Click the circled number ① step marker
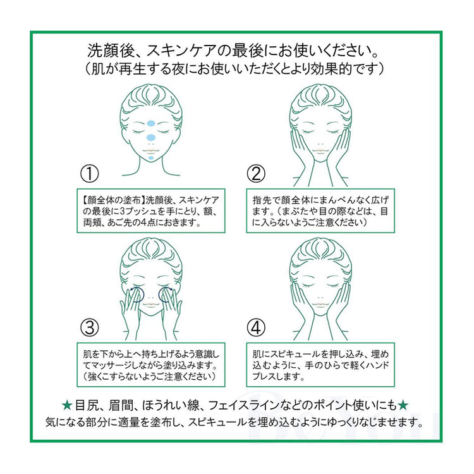pos(90,174)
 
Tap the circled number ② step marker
pos(256,174)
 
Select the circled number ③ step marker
pos(90,327)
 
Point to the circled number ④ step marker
pos(256,327)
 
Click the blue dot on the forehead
pos(151,123)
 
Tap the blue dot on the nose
pos(151,138)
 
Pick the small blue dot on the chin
pos(151,158)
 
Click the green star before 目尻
pos(67,405)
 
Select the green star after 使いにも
pos(403,405)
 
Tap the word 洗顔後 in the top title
pos(111,51)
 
